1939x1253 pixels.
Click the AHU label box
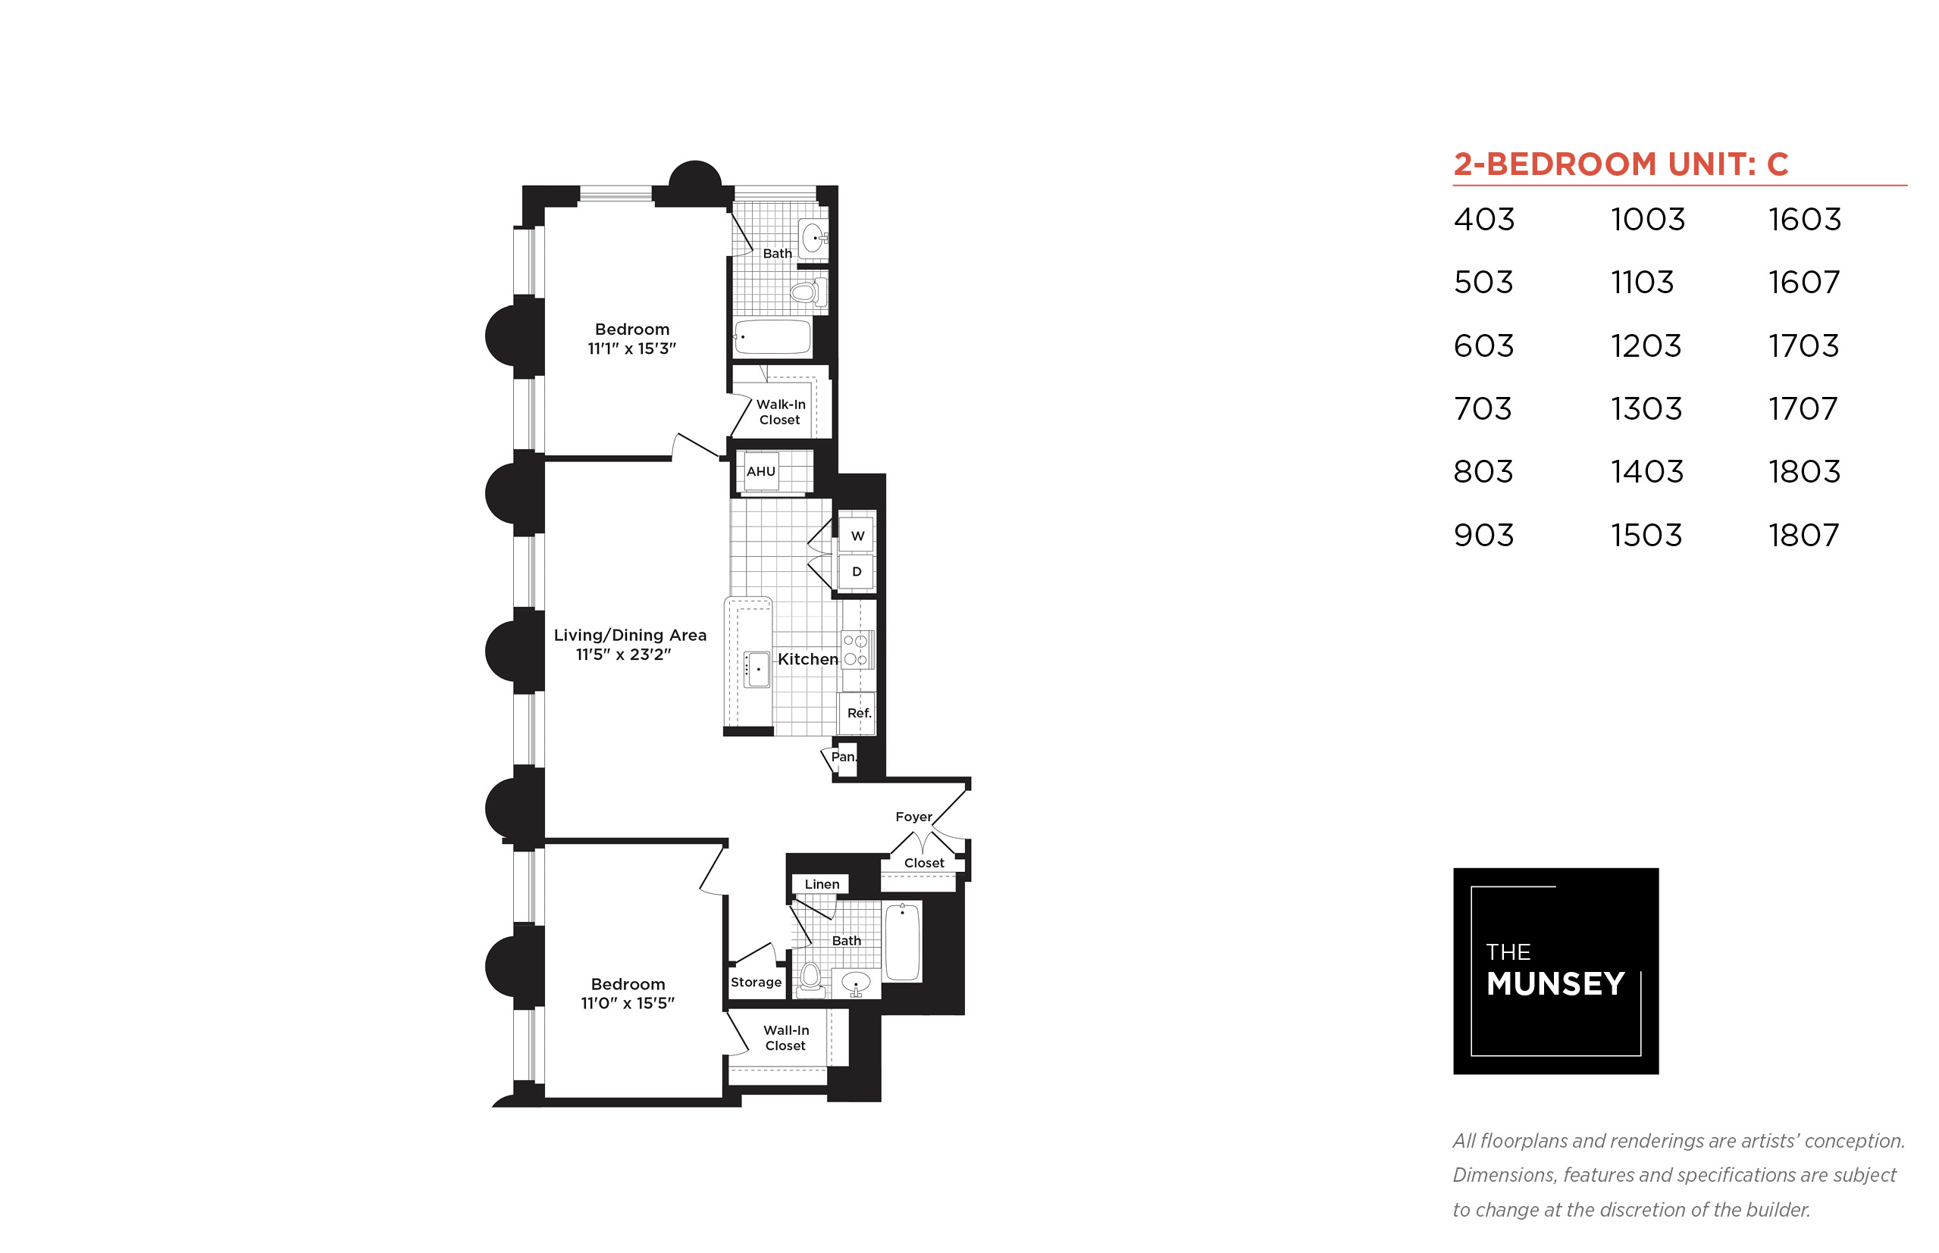pyautogui.click(x=760, y=471)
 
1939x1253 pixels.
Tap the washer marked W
pyautogui.click(x=857, y=536)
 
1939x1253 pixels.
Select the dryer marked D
pyautogui.click(x=857, y=571)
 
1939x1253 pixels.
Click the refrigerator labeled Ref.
pyautogui.click(x=857, y=714)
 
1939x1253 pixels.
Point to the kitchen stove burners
pyautogui.click(x=856, y=650)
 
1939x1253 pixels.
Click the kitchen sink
pyautogui.click(x=756, y=669)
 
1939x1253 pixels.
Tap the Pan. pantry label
pyautogui.click(x=844, y=757)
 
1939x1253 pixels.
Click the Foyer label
pyautogui.click(x=913, y=816)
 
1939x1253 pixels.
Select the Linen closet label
pyautogui.click(x=822, y=883)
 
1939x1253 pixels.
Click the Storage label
pyautogui.click(x=756, y=982)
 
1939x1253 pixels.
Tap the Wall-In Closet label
pyautogui.click(x=785, y=1037)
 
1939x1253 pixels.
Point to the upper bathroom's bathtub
pyautogui.click(x=772, y=337)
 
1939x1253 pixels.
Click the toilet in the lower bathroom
pyautogui.click(x=810, y=980)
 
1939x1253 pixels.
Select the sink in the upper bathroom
pyautogui.click(x=814, y=239)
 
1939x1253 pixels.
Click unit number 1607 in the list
pyautogui.click(x=1804, y=283)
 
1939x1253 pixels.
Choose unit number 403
pyautogui.click(x=1484, y=220)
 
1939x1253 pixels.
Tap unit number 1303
pyautogui.click(x=1646, y=408)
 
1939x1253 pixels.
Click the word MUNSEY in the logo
pyautogui.click(x=1555, y=983)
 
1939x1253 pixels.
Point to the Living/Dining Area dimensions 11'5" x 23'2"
pyautogui.click(x=624, y=655)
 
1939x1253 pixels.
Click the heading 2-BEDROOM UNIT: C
pyautogui.click(x=1621, y=164)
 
